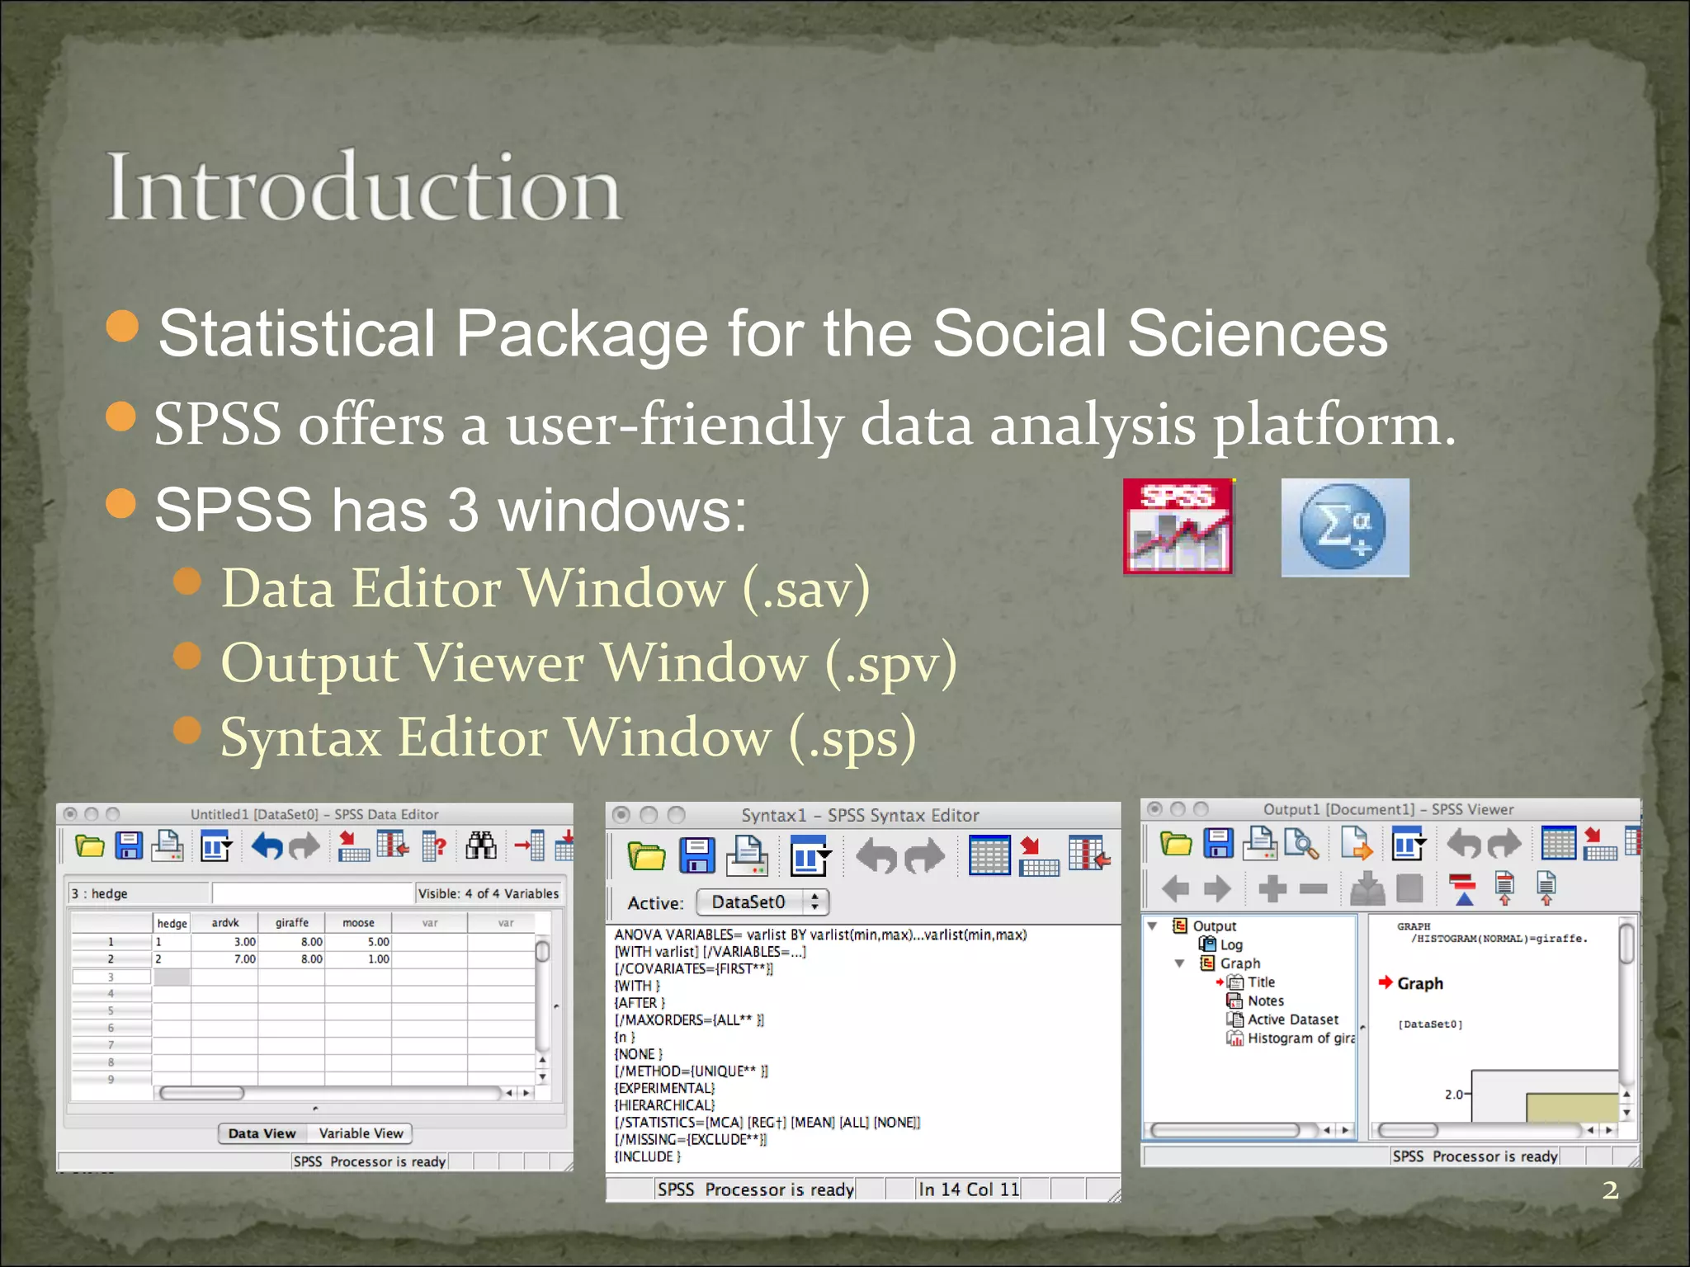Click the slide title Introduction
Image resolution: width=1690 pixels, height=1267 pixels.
(x=363, y=188)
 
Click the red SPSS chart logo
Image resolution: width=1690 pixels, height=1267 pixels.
(x=1178, y=527)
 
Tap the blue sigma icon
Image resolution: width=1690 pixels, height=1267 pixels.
(x=1344, y=527)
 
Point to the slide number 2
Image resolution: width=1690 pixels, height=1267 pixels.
(x=1610, y=1189)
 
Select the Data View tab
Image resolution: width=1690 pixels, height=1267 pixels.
(x=262, y=1133)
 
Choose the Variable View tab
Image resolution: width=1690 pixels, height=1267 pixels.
(x=361, y=1133)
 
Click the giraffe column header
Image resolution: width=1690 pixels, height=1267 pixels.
(x=292, y=922)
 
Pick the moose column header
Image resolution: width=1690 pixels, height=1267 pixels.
(x=358, y=922)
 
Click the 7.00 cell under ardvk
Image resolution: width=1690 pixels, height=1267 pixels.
(x=244, y=959)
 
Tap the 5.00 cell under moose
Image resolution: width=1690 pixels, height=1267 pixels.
(x=378, y=942)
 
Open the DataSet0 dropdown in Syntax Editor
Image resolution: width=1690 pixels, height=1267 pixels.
(x=762, y=902)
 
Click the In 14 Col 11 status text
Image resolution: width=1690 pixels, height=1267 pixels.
(x=969, y=1189)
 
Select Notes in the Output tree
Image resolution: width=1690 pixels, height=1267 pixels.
(x=1265, y=1001)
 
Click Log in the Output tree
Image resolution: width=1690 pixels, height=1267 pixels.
(x=1230, y=945)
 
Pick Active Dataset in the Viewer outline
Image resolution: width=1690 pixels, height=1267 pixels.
(x=1292, y=1020)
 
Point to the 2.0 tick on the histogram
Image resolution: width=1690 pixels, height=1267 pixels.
(x=1454, y=1095)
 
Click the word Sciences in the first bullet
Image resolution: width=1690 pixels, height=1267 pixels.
(x=1258, y=334)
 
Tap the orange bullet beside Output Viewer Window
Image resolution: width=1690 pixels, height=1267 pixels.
(x=188, y=657)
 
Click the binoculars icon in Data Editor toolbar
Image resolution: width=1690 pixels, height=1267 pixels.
(x=481, y=845)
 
